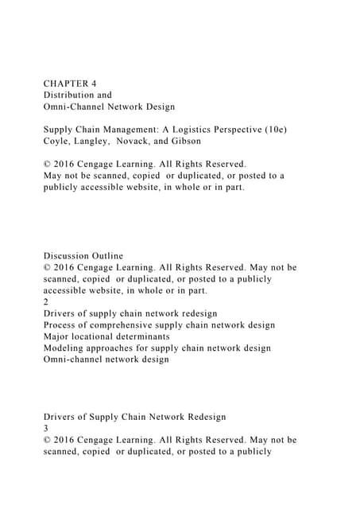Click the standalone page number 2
coord(46,302)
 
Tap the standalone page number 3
coord(46,429)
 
